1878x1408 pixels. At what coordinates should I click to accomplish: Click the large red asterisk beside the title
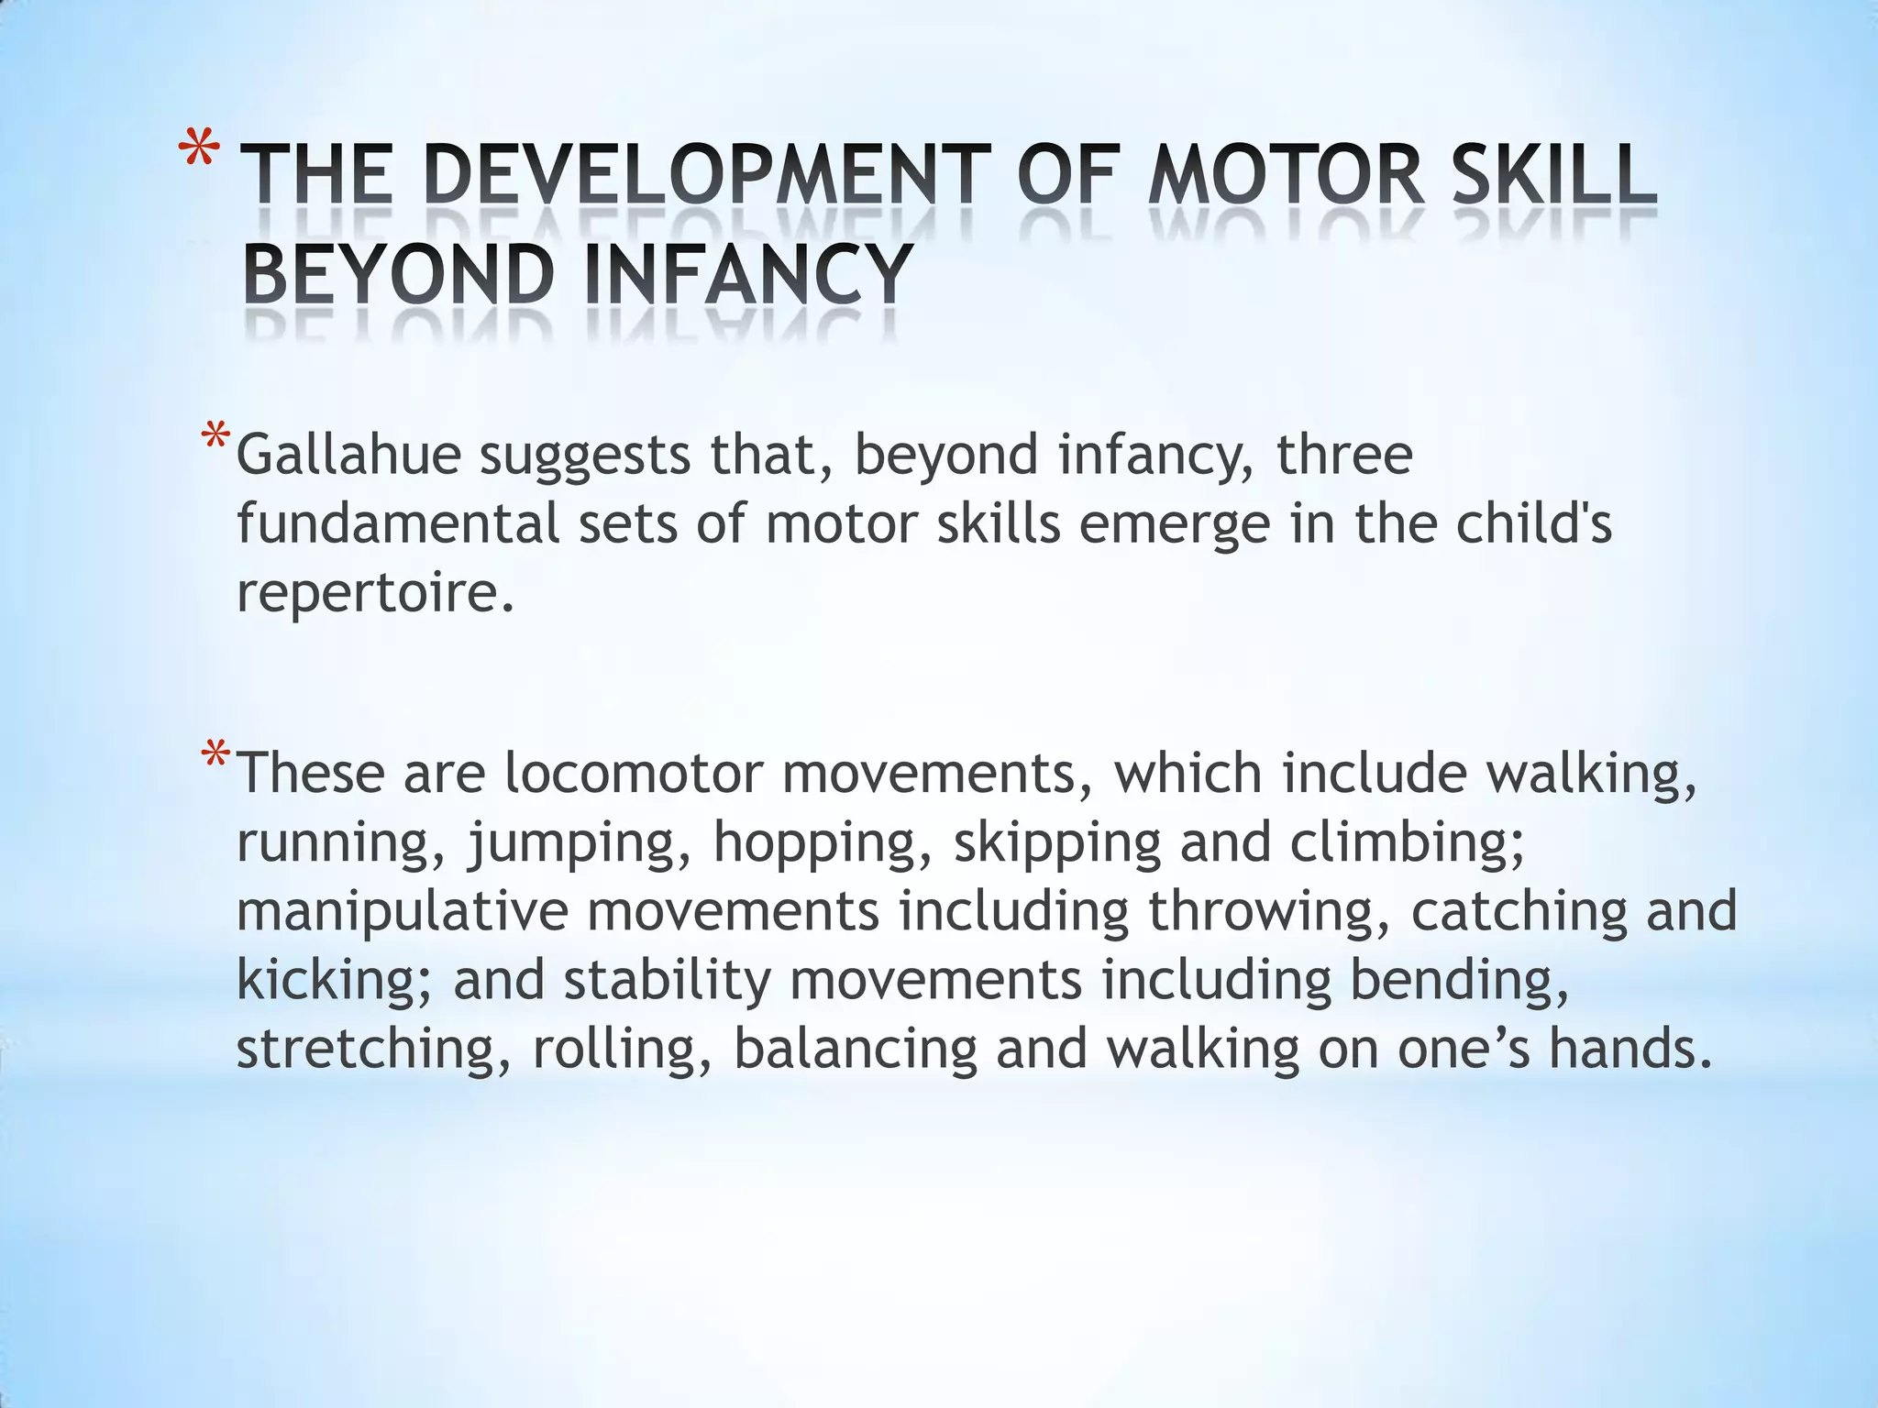tap(201, 152)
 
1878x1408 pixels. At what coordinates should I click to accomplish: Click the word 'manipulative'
tap(403, 912)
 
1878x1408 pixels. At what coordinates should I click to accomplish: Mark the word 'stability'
tap(667, 981)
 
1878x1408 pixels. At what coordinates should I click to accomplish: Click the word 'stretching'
tap(366, 1050)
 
